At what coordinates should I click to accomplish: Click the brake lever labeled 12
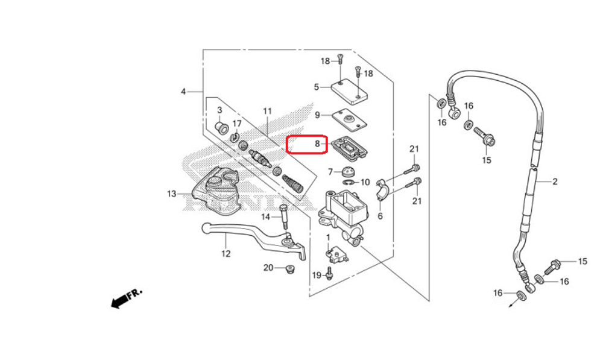254,236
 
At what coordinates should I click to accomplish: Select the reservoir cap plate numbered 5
349,92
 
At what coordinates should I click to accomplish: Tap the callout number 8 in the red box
317,144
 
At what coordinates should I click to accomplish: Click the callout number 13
171,194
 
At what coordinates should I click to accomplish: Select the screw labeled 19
329,274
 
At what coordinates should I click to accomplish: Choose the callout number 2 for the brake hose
555,182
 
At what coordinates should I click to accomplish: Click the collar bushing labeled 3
220,127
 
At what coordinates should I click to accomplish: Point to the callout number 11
267,111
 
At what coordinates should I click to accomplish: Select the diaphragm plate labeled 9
349,119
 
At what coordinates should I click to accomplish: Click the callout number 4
183,92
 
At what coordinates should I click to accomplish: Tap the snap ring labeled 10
349,182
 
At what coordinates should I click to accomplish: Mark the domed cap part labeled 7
349,171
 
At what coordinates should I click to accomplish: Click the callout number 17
237,124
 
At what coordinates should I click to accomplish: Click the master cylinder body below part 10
343,215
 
